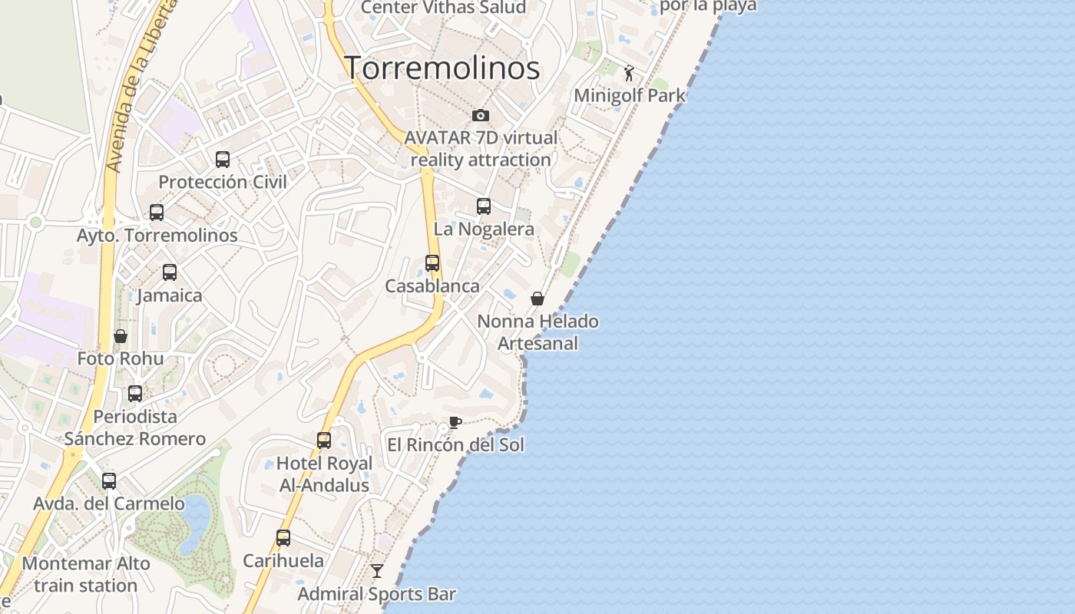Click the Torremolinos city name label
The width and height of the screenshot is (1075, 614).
(x=442, y=68)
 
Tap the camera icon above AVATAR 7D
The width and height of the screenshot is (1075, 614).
(x=481, y=115)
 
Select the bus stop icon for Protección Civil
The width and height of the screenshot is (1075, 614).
(x=223, y=160)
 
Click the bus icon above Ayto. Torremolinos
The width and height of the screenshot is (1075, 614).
(x=157, y=213)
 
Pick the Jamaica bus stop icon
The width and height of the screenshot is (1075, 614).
(x=170, y=272)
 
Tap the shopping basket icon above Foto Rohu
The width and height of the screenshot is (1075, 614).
(x=121, y=336)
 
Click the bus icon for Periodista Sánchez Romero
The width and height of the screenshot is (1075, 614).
(x=135, y=394)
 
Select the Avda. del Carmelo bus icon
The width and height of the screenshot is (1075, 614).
(x=109, y=481)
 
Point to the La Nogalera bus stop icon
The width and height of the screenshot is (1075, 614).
(x=484, y=206)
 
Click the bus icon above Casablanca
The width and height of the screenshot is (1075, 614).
(x=432, y=263)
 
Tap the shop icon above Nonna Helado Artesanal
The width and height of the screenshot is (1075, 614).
(x=537, y=299)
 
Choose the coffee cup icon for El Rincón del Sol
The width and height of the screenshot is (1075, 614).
(x=455, y=422)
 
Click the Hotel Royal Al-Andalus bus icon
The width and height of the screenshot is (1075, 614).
(x=324, y=441)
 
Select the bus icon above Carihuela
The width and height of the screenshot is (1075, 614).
(x=283, y=538)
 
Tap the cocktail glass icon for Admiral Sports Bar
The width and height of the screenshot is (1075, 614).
(x=377, y=571)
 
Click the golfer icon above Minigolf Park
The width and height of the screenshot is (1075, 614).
(x=630, y=73)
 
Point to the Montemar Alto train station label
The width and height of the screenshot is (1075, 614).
(x=86, y=574)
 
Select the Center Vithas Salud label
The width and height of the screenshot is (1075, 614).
(x=443, y=8)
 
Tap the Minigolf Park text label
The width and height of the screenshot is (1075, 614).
(x=630, y=96)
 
